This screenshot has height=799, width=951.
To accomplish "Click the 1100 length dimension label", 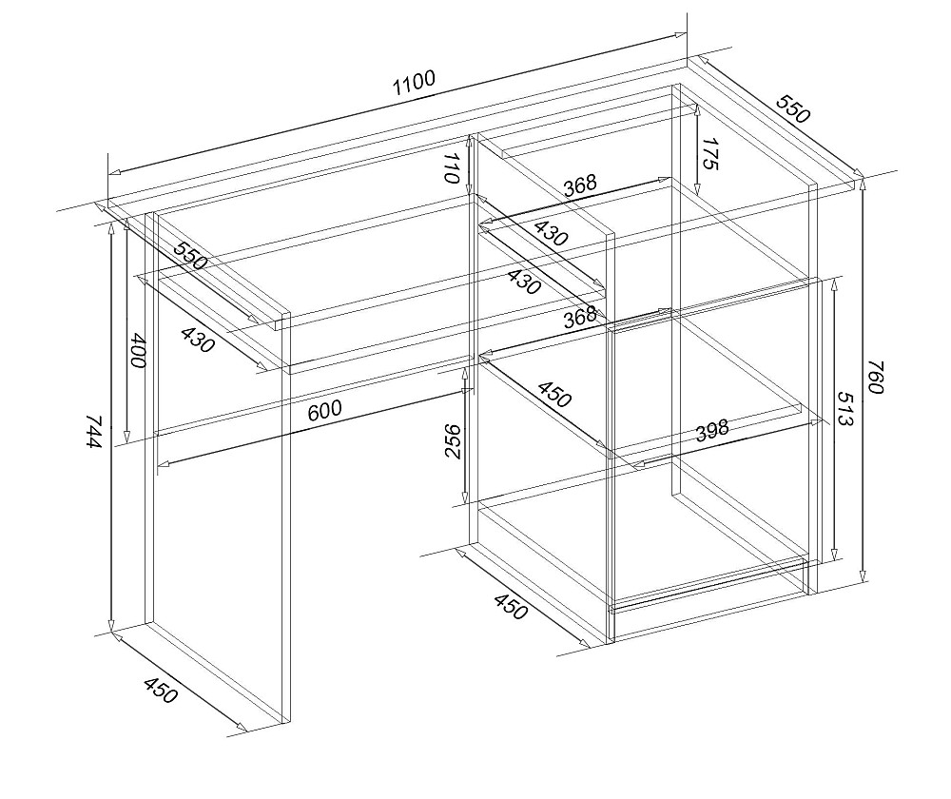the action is (415, 83).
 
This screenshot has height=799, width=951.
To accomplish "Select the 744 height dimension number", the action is (93, 431).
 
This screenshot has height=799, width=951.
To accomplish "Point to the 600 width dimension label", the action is (324, 411).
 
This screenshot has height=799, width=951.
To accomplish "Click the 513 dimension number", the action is (844, 408).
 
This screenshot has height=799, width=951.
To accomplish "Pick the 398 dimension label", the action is (711, 431).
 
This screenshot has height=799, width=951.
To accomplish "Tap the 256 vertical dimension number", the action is (453, 441).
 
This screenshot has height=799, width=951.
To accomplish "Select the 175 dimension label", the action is (710, 154).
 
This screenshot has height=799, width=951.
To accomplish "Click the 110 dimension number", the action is (453, 167).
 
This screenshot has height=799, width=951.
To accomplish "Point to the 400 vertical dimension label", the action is (138, 350).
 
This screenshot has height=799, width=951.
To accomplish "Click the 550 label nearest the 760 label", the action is (792, 109).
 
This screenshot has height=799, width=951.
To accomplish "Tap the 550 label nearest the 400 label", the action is (190, 256).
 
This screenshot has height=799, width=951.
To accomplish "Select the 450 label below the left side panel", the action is (161, 691).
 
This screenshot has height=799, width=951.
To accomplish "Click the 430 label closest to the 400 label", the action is (198, 340).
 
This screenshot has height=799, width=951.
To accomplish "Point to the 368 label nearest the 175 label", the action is (580, 185).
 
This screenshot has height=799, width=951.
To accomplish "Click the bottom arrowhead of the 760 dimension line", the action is (863, 575).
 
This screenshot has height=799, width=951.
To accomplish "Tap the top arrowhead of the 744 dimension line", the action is (111, 229).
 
